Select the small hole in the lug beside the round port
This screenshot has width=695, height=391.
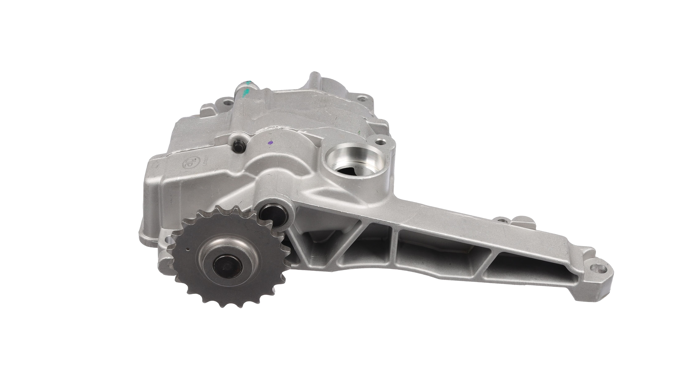pos(380,141)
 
